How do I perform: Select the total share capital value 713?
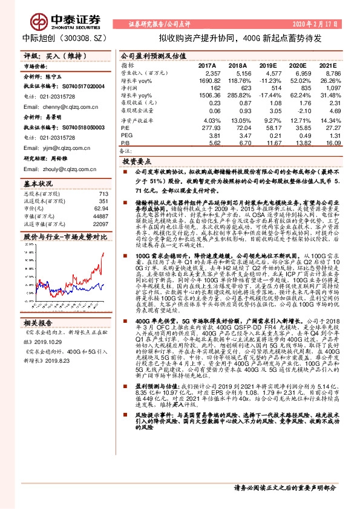(x=102, y=193)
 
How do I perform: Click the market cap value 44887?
(x=99, y=216)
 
